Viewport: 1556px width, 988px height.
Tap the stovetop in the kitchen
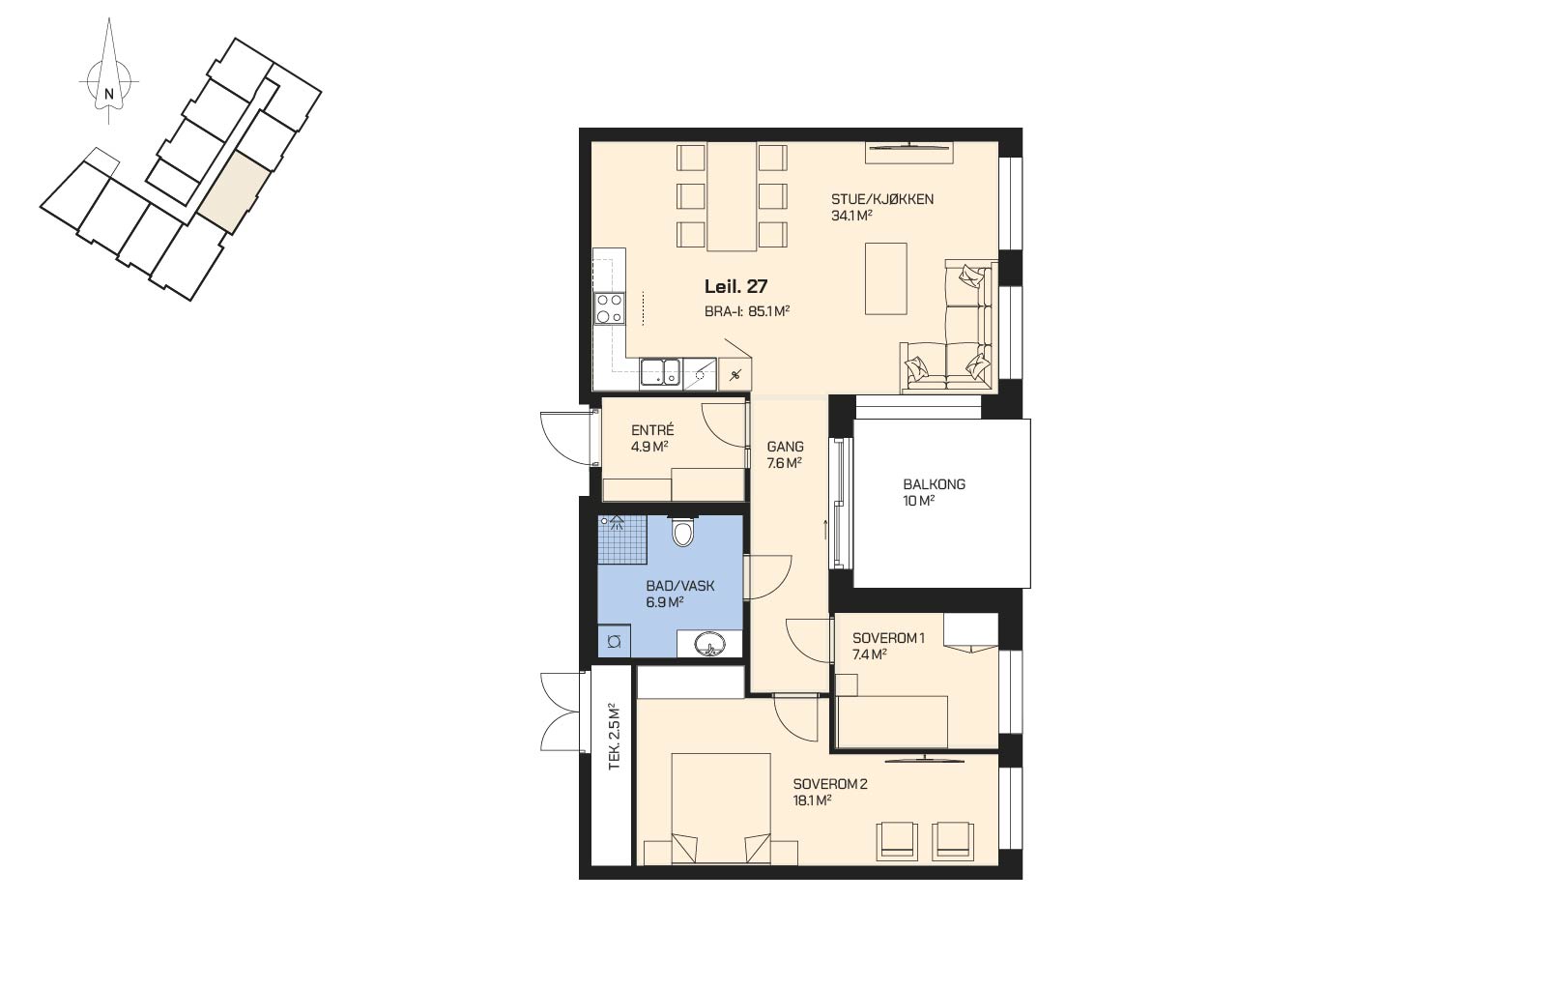609,307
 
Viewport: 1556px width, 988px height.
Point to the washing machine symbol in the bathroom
615,642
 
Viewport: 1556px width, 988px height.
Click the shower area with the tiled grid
622,539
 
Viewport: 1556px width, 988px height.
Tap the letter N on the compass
108,93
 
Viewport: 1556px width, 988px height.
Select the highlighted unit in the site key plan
236,192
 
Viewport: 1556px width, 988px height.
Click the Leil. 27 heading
735,286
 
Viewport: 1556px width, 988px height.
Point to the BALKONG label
934,484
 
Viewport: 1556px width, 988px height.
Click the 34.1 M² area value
851,216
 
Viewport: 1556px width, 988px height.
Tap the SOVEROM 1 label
888,638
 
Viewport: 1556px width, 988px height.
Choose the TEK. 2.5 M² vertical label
614,737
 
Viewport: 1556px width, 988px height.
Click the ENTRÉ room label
652,430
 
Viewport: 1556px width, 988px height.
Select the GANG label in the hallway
785,447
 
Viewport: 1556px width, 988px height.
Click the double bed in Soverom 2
721,809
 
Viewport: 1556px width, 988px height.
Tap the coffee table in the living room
885,278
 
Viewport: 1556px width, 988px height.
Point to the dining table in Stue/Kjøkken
732,196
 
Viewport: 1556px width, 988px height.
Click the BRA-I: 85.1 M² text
747,312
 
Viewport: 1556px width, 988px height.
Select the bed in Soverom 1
893,722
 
